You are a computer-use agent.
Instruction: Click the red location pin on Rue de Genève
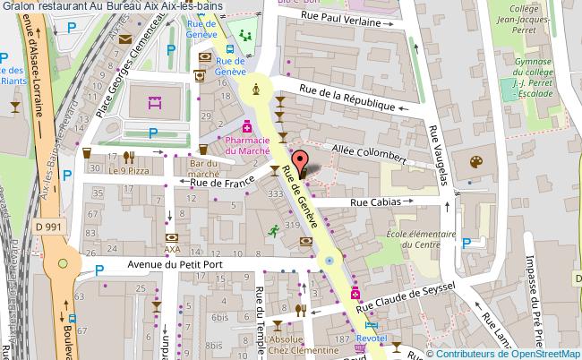point(303,166)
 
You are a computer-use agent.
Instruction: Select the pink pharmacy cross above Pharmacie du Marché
point(246,127)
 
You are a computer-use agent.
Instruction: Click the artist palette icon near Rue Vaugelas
point(475,161)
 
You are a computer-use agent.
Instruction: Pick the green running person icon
point(272,231)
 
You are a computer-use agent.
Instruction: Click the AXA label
point(173,249)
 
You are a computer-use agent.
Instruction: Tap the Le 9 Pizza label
point(126,169)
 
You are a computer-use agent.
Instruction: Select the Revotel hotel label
point(372,339)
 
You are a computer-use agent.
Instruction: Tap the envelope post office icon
point(124,39)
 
